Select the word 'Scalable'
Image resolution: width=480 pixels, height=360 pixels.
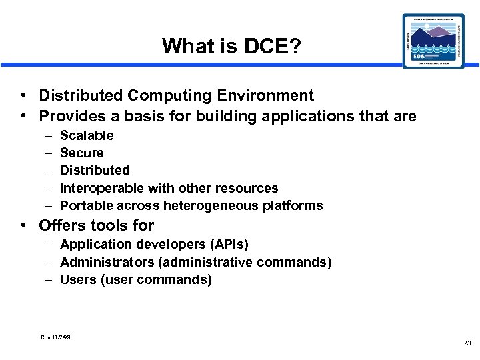tap(87, 136)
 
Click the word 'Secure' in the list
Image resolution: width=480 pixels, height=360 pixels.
tap(82, 153)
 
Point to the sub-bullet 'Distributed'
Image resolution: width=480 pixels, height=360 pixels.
tap(95, 171)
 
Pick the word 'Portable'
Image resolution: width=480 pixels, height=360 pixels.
tap(86, 205)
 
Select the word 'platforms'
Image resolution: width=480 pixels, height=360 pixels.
tap(293, 205)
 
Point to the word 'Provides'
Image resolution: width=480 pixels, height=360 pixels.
tap(69, 117)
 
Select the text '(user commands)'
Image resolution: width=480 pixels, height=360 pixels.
tap(156, 280)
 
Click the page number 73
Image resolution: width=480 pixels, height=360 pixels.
tap(467, 343)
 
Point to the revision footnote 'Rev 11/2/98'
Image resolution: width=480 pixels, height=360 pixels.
tap(55, 337)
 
